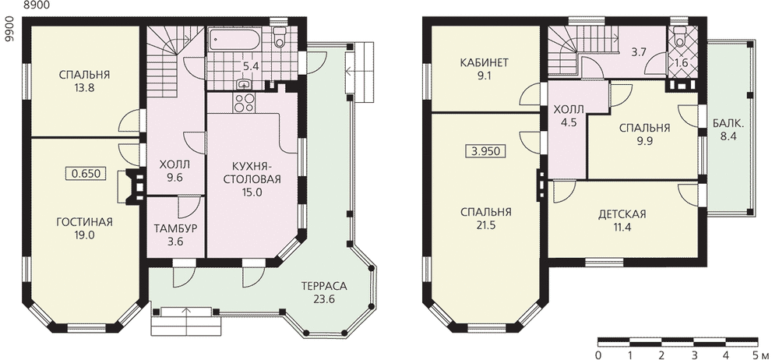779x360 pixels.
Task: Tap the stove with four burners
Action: (243, 102)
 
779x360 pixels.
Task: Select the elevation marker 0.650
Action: (86, 174)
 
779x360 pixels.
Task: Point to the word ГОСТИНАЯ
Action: (84, 222)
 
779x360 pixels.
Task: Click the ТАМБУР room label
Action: (175, 229)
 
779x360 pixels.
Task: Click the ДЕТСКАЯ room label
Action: (622, 214)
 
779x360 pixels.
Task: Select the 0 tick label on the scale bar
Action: (598, 355)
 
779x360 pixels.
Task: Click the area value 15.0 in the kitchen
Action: (252, 192)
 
